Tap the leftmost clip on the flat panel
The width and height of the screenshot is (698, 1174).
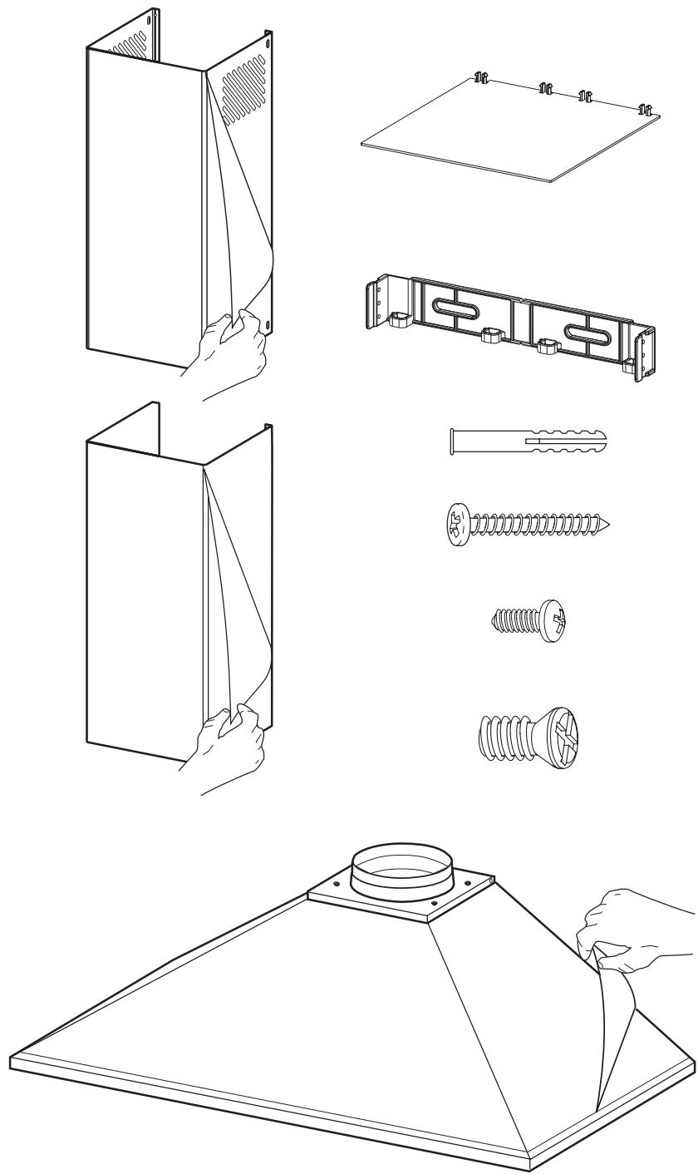[479, 79]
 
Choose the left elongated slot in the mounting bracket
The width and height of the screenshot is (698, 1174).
[450, 317]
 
